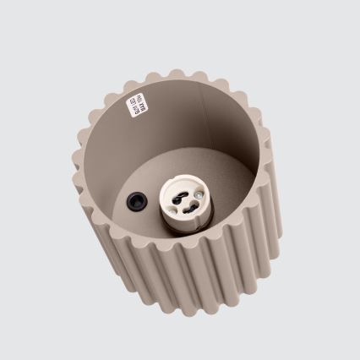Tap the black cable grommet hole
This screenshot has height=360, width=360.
134,201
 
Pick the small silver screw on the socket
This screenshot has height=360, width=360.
194,194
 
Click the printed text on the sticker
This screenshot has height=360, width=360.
136,107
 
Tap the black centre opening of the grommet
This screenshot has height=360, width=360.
134,201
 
